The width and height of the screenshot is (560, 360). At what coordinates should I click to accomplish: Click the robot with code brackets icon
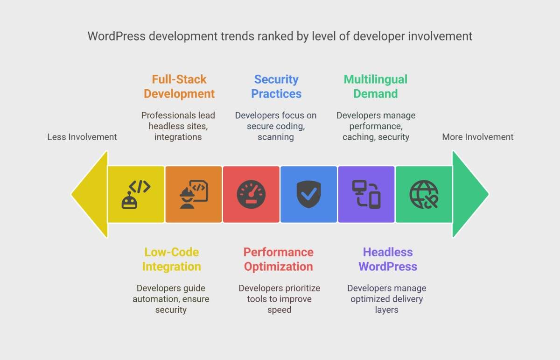pyautogui.click(x=136, y=194)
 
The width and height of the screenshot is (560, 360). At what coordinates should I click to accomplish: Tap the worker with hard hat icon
pyautogui.click(x=194, y=194)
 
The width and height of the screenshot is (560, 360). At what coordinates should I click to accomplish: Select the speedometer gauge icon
pyautogui.click(x=251, y=194)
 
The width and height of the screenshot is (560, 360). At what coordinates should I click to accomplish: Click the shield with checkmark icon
pyautogui.click(x=309, y=194)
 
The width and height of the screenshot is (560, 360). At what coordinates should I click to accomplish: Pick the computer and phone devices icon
pyautogui.click(x=366, y=194)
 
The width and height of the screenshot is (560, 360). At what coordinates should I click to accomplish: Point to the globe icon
pyautogui.click(x=424, y=194)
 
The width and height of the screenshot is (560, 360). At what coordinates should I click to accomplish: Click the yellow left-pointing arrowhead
pyautogui.click(x=90, y=194)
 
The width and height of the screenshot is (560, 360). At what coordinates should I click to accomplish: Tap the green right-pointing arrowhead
pyautogui.click(x=470, y=194)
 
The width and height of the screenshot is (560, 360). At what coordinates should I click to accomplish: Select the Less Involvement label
pyautogui.click(x=82, y=137)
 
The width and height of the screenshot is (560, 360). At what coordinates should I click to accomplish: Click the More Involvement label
pyautogui.click(x=478, y=137)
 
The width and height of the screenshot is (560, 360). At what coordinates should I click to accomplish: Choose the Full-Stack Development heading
pyautogui.click(x=179, y=86)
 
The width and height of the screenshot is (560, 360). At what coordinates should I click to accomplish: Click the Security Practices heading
pyautogui.click(x=276, y=86)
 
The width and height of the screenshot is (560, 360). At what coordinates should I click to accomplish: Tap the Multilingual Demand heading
pyautogui.click(x=376, y=86)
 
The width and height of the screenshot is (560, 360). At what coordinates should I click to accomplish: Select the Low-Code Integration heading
pyautogui.click(x=172, y=259)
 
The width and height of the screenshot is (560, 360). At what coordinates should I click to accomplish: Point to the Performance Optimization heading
pyautogui.click(x=279, y=259)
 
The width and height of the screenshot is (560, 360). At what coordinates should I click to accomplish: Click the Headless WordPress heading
pyautogui.click(x=388, y=259)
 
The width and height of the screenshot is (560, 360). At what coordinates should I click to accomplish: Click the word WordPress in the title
pyautogui.click(x=117, y=36)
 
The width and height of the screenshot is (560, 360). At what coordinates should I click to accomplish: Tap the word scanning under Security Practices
pyautogui.click(x=276, y=137)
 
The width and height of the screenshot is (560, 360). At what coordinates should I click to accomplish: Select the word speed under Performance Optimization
pyautogui.click(x=279, y=310)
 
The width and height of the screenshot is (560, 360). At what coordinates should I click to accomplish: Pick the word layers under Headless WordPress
pyautogui.click(x=386, y=310)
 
